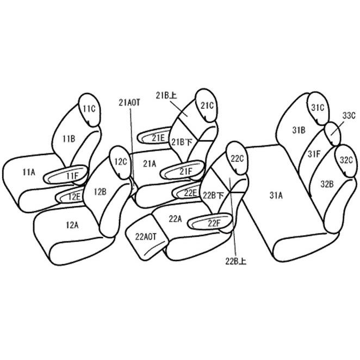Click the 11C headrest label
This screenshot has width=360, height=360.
(x=89, y=109)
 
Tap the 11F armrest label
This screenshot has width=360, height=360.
(x=72, y=176)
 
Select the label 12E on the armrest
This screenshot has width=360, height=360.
(x=74, y=197)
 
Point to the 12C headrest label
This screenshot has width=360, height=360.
(x=121, y=162)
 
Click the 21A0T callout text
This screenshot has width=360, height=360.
(x=129, y=103)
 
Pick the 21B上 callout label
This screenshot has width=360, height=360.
(x=166, y=96)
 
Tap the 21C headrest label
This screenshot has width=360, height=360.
(x=207, y=105)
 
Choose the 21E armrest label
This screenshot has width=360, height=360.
(x=158, y=138)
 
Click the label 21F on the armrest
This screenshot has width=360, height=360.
(x=185, y=171)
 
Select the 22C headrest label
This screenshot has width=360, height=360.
(x=237, y=159)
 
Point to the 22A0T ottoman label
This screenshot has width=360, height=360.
(x=146, y=237)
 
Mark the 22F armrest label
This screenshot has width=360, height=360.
(x=214, y=224)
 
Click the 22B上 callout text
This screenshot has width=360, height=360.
(x=236, y=261)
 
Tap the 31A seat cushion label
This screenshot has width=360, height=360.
(x=276, y=195)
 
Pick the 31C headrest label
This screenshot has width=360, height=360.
(x=318, y=108)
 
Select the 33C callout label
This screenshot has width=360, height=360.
(x=349, y=116)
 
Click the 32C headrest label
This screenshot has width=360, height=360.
(x=346, y=160)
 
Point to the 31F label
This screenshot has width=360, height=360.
(x=314, y=154)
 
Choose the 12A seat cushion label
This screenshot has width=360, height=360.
(x=72, y=225)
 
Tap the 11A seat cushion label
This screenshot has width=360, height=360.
(x=29, y=172)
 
